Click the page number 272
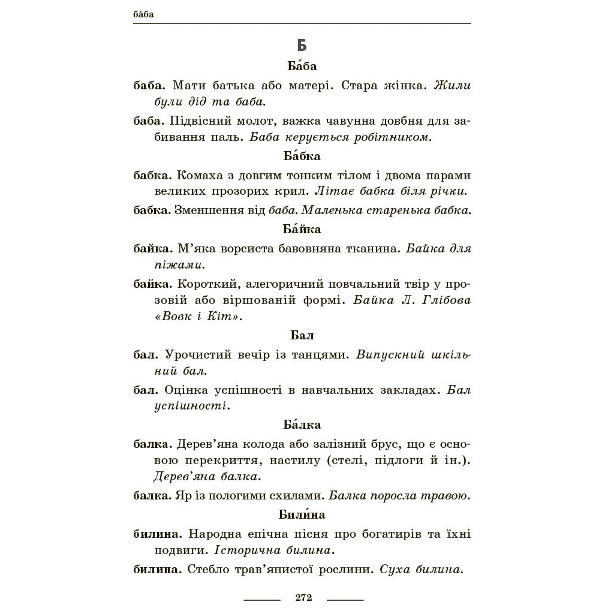point(303,597)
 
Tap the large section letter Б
point(302,46)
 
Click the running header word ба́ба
point(143,14)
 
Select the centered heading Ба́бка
point(302,156)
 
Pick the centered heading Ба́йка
point(302,229)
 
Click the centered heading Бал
point(302,335)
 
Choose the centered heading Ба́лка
point(302,425)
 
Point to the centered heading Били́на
point(302,514)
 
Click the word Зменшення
point(207,210)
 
